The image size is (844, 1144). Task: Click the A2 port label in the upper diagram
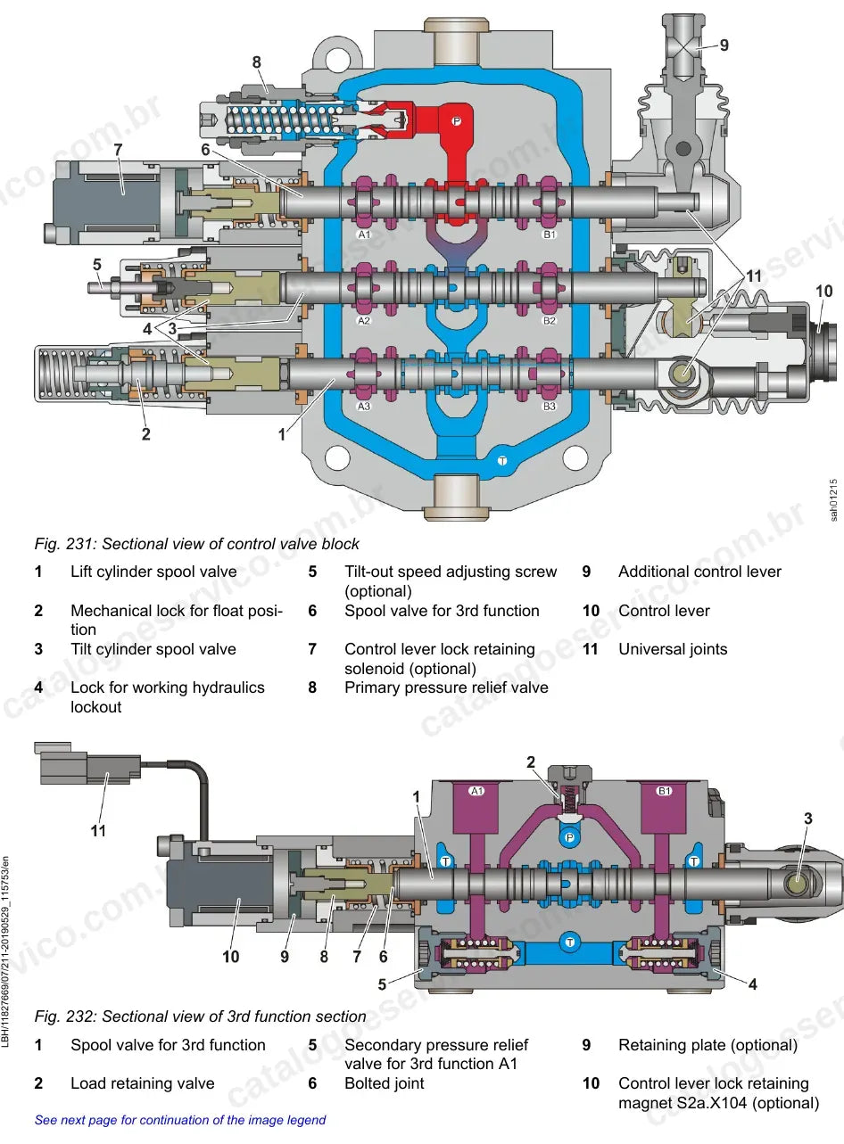(x=364, y=321)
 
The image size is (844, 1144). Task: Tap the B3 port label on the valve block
(x=550, y=407)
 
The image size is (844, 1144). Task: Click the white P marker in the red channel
(x=457, y=121)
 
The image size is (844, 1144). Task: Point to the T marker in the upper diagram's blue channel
(x=502, y=461)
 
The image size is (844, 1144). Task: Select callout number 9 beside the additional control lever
(x=724, y=45)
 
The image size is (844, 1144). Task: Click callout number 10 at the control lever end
(x=823, y=291)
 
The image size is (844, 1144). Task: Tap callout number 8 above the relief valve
(x=256, y=62)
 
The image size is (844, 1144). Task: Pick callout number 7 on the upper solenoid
(x=118, y=150)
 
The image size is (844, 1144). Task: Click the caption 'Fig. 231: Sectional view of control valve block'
(x=196, y=544)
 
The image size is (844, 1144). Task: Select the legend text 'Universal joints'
(x=673, y=649)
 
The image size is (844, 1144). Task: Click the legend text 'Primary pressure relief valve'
(x=446, y=687)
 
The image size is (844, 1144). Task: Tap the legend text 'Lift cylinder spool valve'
(x=153, y=572)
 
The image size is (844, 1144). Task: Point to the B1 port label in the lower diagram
(x=664, y=791)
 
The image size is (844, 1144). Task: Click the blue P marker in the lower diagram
(x=569, y=837)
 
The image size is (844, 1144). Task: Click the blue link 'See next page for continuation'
(x=180, y=1120)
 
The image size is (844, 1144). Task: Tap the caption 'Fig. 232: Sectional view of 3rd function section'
(x=200, y=1016)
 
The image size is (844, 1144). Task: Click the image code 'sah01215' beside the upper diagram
(x=833, y=500)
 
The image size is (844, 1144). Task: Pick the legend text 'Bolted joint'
(x=385, y=1083)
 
